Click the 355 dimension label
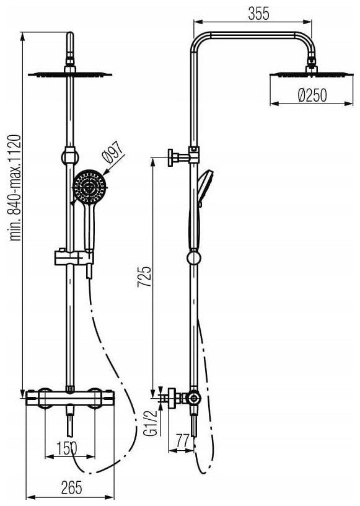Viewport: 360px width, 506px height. pos(258,14)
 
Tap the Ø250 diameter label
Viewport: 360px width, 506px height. pos(312,95)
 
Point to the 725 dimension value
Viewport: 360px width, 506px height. pos(144,277)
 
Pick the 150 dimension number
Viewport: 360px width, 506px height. pos(67,448)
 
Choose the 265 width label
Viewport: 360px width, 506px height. pos(72,487)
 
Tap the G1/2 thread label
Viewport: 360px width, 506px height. pos(152,423)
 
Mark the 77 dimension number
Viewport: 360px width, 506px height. pos(183,440)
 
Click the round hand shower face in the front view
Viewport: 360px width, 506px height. pos(89,187)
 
